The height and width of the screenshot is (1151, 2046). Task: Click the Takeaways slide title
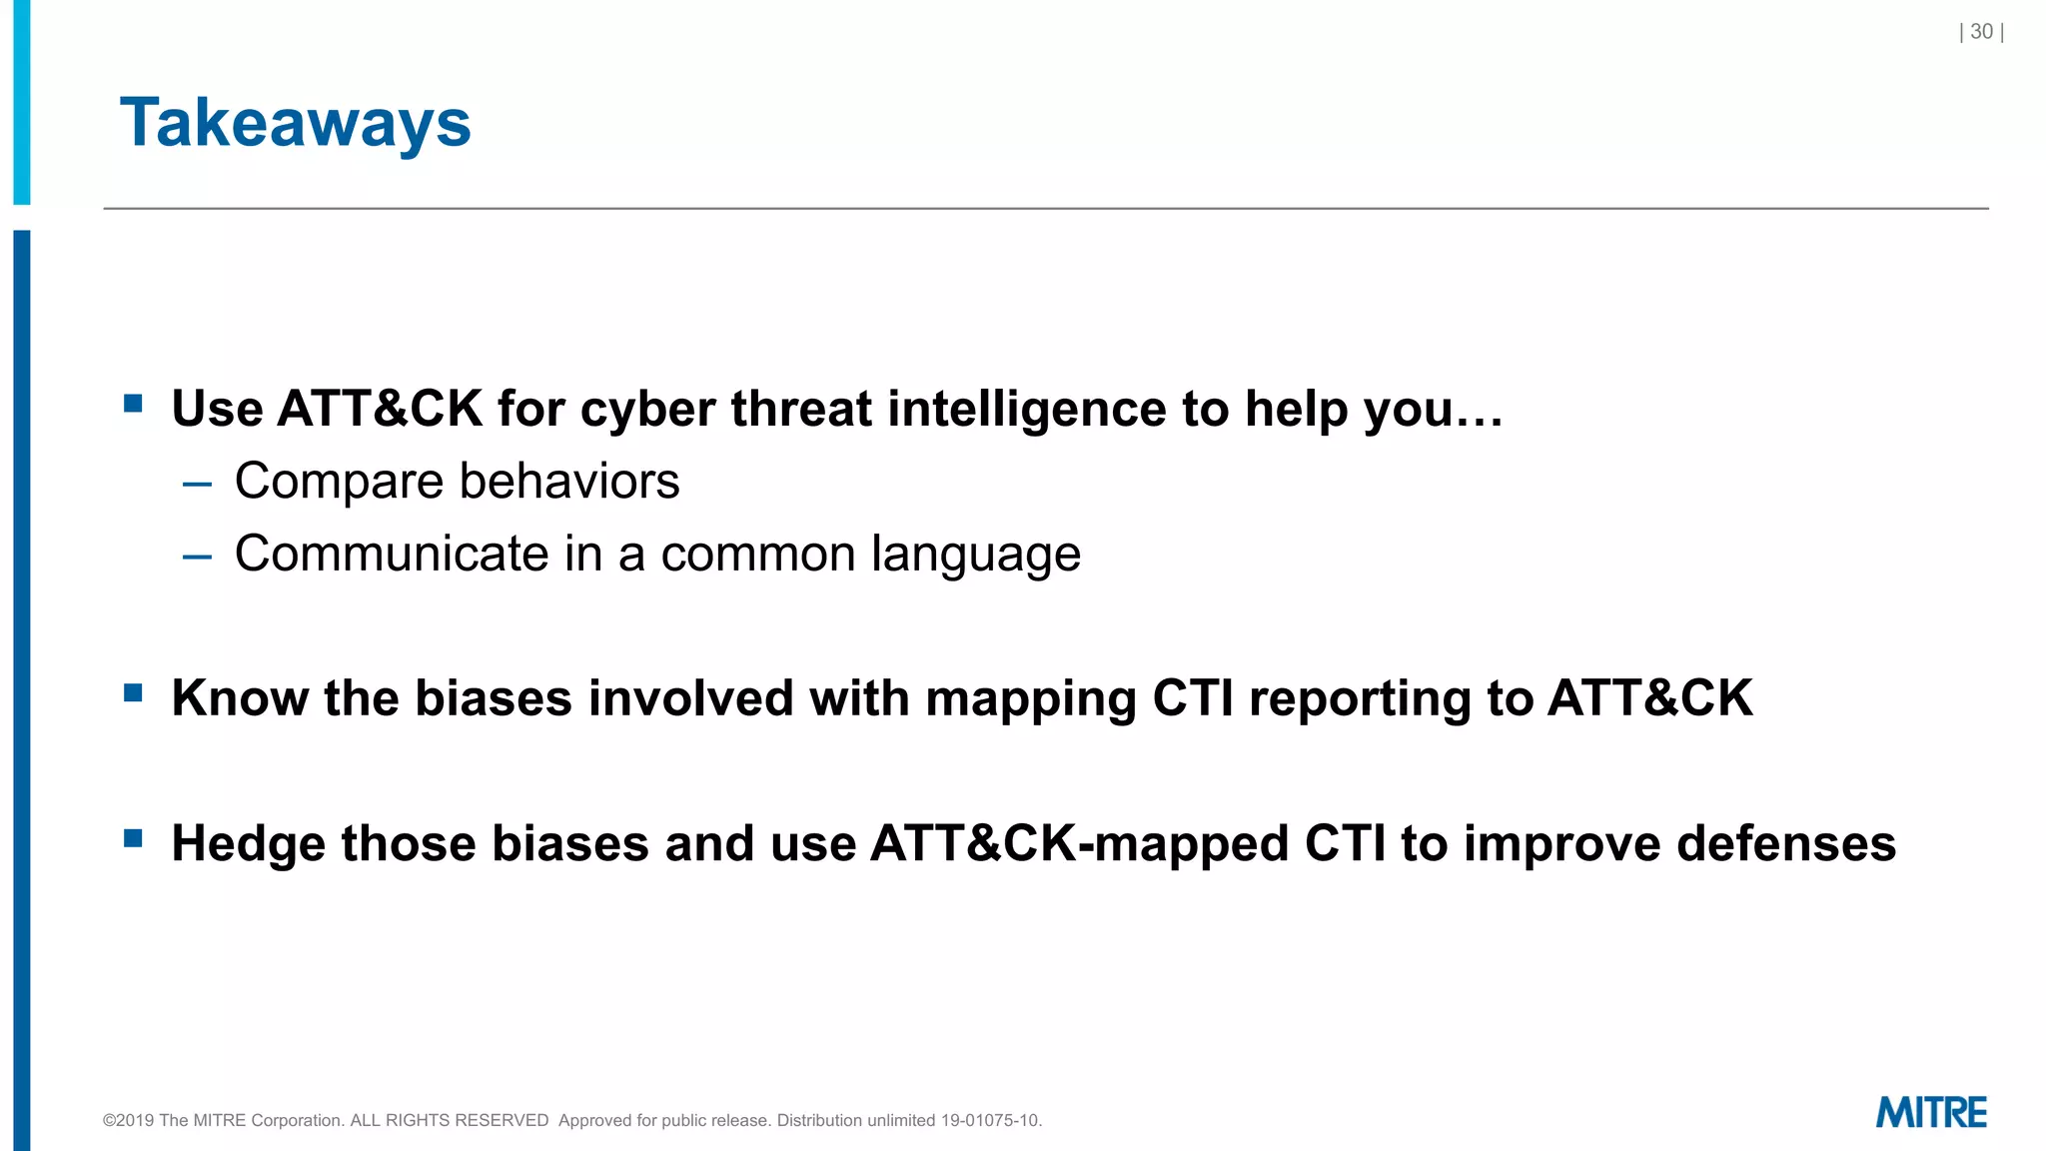click(295, 123)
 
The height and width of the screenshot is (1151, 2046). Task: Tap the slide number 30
click(1981, 32)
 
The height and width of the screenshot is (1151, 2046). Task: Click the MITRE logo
click(1930, 1112)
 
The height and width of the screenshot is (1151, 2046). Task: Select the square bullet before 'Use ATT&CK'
click(133, 404)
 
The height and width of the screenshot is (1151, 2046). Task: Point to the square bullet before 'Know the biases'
click(133, 692)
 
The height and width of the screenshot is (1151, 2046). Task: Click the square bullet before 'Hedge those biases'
click(133, 837)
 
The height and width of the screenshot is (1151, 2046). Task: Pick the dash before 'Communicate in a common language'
click(197, 558)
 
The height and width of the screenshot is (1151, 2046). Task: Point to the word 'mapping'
click(1030, 699)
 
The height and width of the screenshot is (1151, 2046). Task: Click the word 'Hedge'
click(248, 844)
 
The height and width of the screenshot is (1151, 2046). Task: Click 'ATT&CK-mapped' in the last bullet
click(1079, 843)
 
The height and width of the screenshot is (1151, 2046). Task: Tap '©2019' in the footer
click(129, 1120)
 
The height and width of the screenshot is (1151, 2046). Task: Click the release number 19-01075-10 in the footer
click(989, 1120)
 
